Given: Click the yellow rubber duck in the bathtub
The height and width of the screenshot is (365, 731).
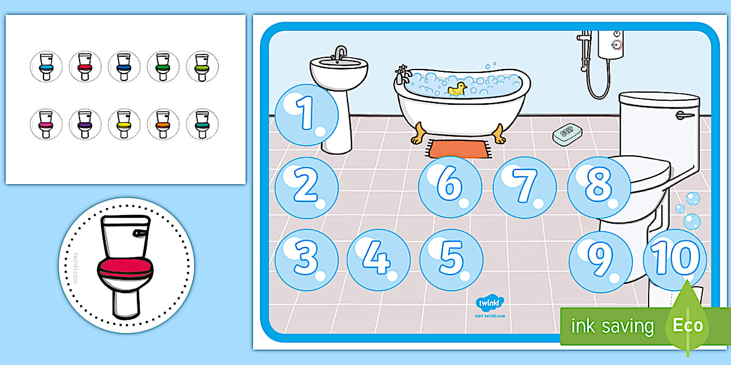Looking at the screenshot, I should click(x=458, y=89).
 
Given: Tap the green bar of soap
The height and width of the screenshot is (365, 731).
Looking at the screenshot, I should click(x=567, y=134).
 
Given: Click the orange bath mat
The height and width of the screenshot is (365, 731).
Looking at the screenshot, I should click(x=458, y=149).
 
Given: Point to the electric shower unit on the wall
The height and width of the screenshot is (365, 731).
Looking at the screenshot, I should click(x=610, y=43).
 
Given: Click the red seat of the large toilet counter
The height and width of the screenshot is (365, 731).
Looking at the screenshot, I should click(x=125, y=267).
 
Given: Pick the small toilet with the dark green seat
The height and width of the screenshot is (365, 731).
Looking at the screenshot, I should click(x=162, y=67).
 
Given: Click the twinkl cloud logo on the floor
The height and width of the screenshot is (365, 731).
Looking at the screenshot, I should click(x=490, y=303).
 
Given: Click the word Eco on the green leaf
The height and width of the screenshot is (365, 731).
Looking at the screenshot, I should click(x=688, y=325).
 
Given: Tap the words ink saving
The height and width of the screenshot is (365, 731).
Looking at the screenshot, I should click(x=612, y=326).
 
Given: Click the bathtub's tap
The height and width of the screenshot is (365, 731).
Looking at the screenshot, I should click(x=402, y=74).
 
